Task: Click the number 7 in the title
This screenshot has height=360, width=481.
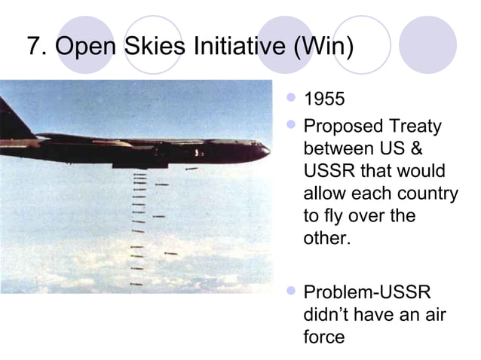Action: click(34, 47)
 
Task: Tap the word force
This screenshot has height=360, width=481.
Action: click(323, 337)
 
